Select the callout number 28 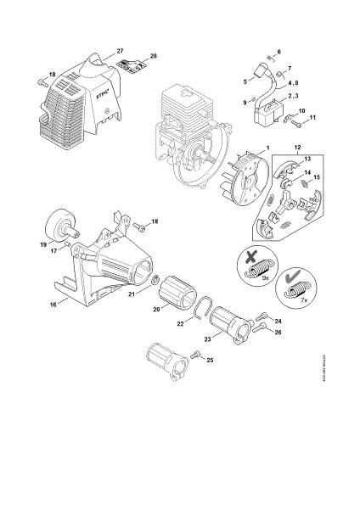tap(154, 56)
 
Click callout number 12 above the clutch tap(296, 148)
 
